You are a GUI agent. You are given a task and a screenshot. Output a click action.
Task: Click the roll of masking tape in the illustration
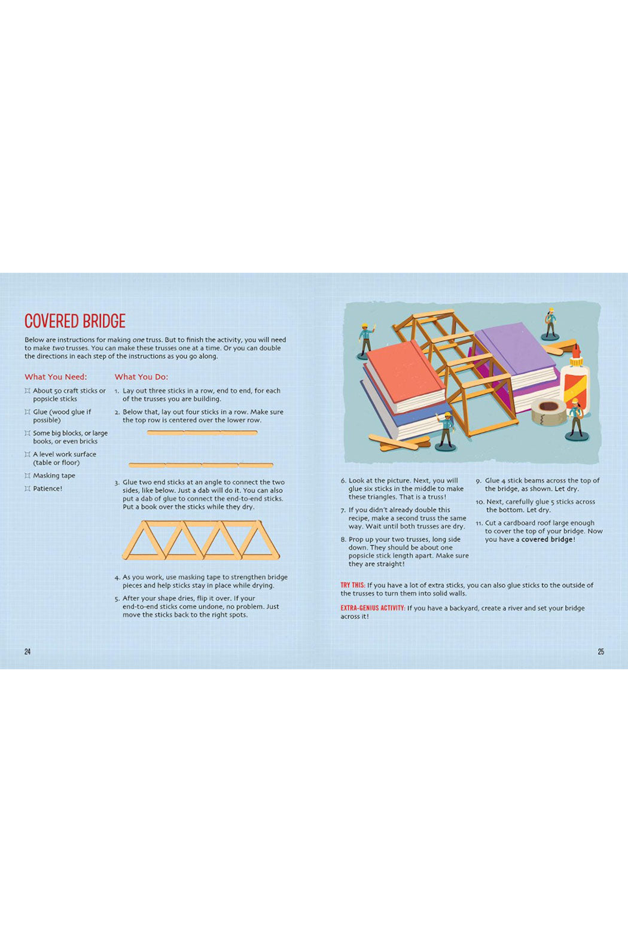pos(548,411)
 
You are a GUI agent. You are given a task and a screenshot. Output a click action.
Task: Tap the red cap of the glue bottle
pos(576,350)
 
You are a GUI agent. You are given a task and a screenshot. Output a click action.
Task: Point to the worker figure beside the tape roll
pos(575,419)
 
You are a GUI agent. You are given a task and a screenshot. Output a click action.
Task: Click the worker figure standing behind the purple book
pos(550,324)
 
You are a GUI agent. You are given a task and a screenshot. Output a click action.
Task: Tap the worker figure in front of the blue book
pos(446,432)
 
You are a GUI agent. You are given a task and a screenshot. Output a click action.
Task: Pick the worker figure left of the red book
pos(366,341)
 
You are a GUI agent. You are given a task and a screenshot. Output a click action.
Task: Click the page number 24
pos(28,651)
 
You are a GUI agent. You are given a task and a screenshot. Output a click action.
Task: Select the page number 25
pos(600,651)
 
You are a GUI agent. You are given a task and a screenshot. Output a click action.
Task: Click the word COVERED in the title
pos(52,321)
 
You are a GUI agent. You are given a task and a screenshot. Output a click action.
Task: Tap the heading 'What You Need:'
pos(56,377)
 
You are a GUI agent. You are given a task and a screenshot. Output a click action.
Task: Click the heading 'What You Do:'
pos(141,377)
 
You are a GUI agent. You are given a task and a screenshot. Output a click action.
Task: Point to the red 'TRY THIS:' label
pos(352,585)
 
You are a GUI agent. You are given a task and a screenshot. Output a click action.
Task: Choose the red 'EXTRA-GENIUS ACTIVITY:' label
pos(373,608)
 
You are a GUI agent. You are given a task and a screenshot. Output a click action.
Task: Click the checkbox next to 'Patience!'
pos(28,488)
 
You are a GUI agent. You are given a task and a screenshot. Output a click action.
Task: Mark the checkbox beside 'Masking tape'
pos(28,475)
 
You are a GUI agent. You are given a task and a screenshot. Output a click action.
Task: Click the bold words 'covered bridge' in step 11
pos(547,539)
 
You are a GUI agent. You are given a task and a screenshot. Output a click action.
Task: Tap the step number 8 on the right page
pos(343,539)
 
